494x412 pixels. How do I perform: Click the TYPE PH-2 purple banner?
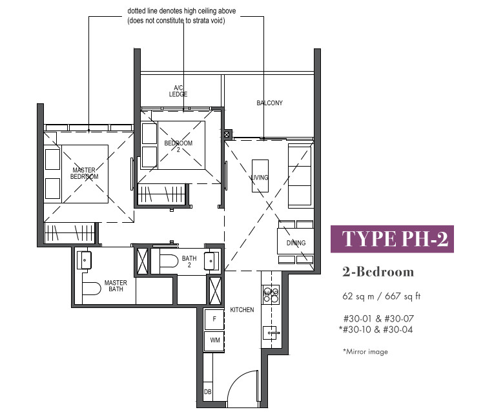(392, 239)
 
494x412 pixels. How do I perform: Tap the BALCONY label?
(269, 103)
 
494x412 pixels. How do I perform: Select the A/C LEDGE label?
(178, 91)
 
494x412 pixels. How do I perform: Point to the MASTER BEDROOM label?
(84, 174)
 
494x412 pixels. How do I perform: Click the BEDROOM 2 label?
(178, 146)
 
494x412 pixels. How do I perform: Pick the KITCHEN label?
(242, 310)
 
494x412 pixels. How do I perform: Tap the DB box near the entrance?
(208, 391)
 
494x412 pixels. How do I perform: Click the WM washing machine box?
(214, 340)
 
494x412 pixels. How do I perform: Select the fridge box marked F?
(214, 319)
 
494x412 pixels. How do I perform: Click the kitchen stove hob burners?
(271, 294)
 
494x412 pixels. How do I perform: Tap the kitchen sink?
(270, 333)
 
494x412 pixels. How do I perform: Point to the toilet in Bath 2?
(169, 261)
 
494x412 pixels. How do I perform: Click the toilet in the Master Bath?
(91, 288)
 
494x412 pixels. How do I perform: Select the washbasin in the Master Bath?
(84, 260)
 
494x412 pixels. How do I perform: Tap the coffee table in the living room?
(260, 176)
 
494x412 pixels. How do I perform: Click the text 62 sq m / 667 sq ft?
(381, 296)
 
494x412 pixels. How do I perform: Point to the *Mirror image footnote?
(365, 351)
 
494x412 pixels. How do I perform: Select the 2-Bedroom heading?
(378, 272)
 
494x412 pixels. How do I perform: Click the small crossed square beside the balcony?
(227, 134)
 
